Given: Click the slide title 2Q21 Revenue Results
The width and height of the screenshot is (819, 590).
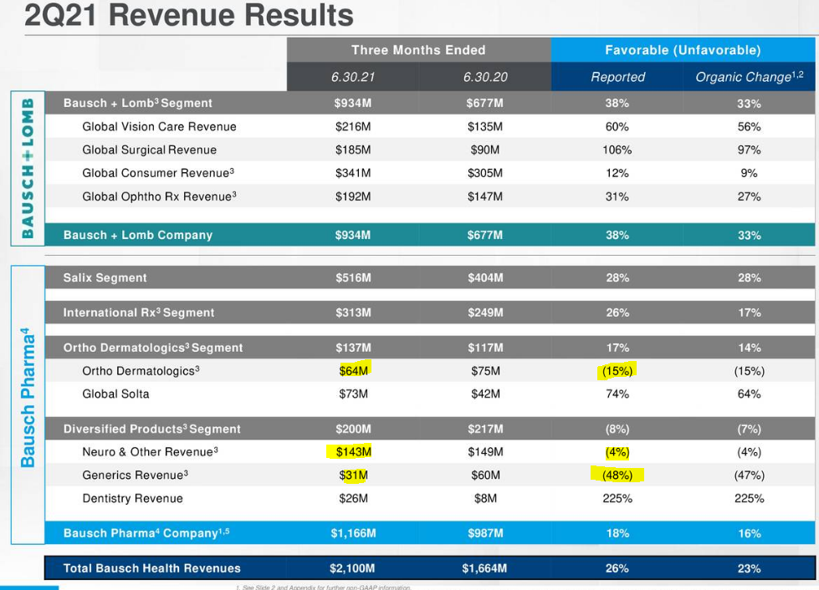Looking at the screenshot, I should click(x=189, y=15).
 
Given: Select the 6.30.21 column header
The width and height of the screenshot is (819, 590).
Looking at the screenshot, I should click(x=352, y=77).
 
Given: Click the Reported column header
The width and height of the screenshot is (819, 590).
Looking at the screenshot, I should click(x=617, y=77).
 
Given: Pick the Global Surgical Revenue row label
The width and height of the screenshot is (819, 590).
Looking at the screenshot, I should click(x=149, y=150).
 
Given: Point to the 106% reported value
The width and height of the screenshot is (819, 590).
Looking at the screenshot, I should click(x=617, y=150).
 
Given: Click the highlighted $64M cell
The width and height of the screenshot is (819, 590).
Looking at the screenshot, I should click(x=353, y=370).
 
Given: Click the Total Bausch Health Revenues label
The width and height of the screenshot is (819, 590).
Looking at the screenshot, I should click(x=151, y=568).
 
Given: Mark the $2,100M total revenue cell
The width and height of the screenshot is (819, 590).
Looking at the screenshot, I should click(x=352, y=568).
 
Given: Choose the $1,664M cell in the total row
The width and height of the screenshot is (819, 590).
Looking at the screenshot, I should click(x=484, y=568).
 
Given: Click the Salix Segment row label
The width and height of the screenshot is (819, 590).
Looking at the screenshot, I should click(x=105, y=277).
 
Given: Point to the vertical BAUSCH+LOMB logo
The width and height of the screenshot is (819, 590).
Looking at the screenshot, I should click(x=27, y=168).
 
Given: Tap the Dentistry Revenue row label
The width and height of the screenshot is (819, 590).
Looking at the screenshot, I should click(x=132, y=498).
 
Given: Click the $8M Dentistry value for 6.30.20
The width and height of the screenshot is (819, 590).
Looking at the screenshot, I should click(x=485, y=498).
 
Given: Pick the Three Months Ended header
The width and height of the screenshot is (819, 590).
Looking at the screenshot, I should click(x=418, y=50).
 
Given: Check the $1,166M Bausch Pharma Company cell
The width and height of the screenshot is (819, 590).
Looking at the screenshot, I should click(x=352, y=533).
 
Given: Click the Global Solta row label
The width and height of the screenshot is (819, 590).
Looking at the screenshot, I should click(x=115, y=394).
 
